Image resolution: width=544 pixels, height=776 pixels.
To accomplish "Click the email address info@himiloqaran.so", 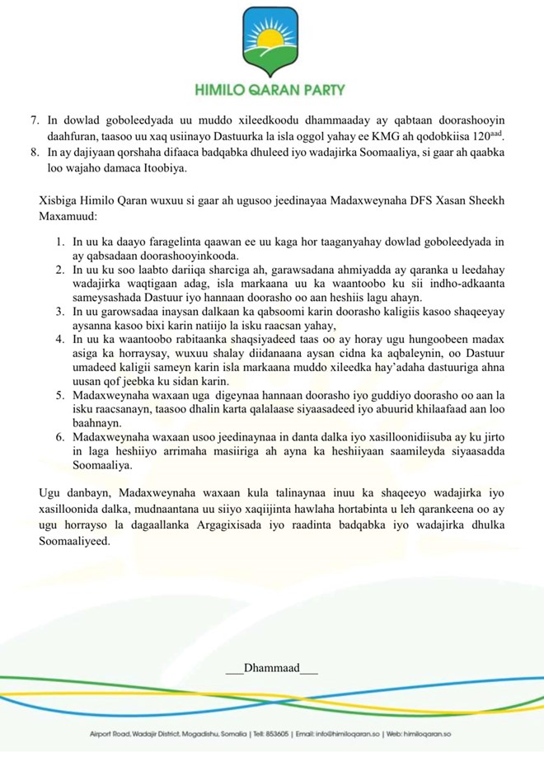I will tap(349, 734).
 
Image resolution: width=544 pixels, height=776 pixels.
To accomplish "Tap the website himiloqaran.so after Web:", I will tap(434, 734).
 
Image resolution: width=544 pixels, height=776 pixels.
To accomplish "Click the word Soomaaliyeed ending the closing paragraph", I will tap(74, 542).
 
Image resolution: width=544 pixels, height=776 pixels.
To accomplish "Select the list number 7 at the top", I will tap(34, 120).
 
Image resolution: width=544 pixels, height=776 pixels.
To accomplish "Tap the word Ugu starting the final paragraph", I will tap(49, 494).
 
